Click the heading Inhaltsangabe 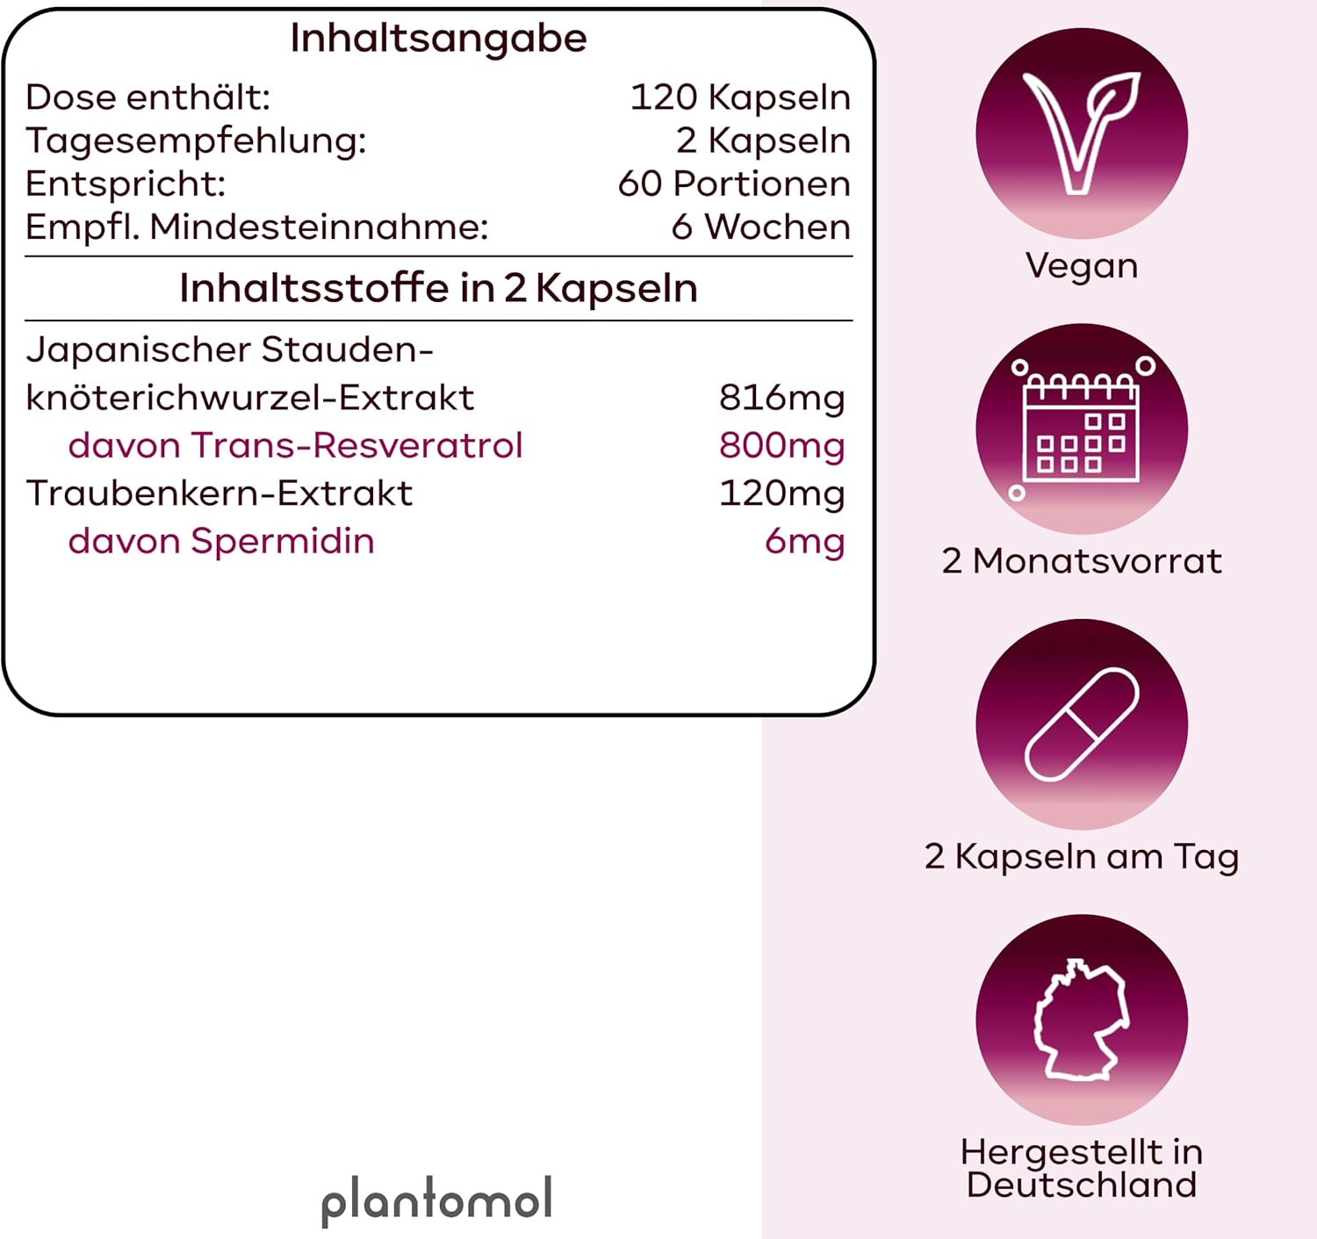pyautogui.click(x=438, y=39)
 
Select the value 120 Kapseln pyautogui.click(x=740, y=97)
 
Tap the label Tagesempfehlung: pyautogui.click(x=196, y=140)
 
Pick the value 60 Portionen pyautogui.click(x=734, y=184)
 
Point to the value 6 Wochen pyautogui.click(x=760, y=227)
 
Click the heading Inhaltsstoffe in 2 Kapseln pyautogui.click(x=438, y=288)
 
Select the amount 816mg pyautogui.click(x=781, y=398)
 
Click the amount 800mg pyautogui.click(x=781, y=445)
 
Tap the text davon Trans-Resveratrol pyautogui.click(x=295, y=445)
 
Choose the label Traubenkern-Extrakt pyautogui.click(x=219, y=493)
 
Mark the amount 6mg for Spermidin pyautogui.click(x=804, y=541)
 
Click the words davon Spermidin pyautogui.click(x=221, y=541)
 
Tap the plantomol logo pyautogui.click(x=436, y=1200)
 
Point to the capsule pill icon pyautogui.click(x=1082, y=724)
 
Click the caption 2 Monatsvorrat pyautogui.click(x=1082, y=561)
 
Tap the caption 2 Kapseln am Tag pyautogui.click(x=1082, y=856)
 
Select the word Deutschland pyautogui.click(x=1082, y=1185)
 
